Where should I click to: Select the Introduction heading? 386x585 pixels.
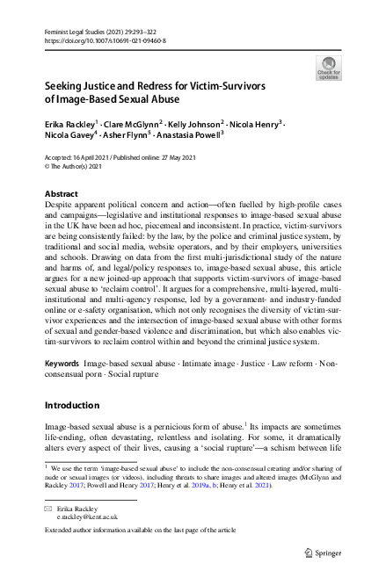click(76, 406)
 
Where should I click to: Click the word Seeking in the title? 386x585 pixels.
click(69, 88)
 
